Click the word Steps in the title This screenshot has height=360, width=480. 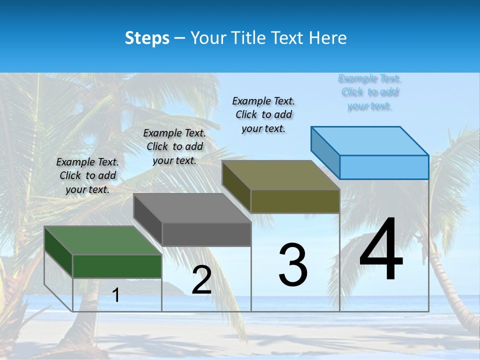[147, 38]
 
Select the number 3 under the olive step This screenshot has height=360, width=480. [293, 265]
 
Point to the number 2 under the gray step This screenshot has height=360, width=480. [201, 280]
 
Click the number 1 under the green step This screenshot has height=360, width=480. [116, 295]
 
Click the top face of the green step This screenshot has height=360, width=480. [102, 240]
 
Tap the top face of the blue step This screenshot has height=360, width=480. [370, 141]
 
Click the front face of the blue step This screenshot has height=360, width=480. [384, 167]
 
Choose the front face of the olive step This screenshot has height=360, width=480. [295, 201]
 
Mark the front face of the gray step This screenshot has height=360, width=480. [206, 234]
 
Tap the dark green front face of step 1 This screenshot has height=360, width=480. [117, 266]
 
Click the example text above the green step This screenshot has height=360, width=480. [87, 175]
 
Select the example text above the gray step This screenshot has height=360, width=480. [174, 146]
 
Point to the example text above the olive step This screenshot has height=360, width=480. [263, 114]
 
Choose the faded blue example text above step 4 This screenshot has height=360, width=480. [369, 92]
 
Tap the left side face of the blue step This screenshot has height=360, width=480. [325, 153]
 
